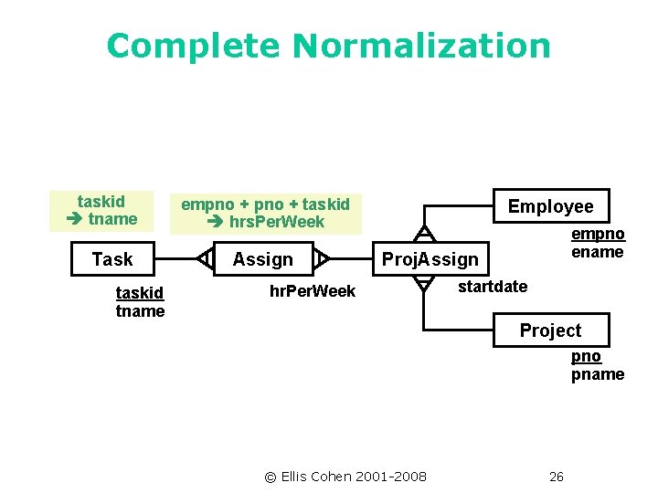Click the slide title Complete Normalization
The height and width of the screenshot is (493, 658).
(328, 46)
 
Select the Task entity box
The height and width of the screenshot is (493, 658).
(112, 259)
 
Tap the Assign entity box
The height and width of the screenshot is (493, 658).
(262, 259)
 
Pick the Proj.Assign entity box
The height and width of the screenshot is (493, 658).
(430, 259)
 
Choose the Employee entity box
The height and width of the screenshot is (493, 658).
(550, 206)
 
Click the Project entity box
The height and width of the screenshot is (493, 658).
(550, 330)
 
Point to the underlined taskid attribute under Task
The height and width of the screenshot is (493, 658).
(140, 293)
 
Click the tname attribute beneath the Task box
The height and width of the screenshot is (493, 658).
(140, 311)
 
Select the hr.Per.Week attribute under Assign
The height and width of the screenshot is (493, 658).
(313, 291)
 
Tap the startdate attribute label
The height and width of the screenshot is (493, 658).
(492, 287)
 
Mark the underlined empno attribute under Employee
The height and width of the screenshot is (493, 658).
(598, 235)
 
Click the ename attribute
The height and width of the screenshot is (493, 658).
(598, 252)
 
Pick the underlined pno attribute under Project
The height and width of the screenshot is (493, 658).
(586, 356)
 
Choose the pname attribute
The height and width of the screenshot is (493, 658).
(598, 374)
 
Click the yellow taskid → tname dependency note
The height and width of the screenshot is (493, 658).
(101, 210)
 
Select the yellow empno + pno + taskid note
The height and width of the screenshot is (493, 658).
(265, 213)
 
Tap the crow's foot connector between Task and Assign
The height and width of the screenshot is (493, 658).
(205, 259)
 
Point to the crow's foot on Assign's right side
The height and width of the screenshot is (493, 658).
(321, 259)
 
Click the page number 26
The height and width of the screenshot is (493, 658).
(557, 476)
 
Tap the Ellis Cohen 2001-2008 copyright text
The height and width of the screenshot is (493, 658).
(345, 476)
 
